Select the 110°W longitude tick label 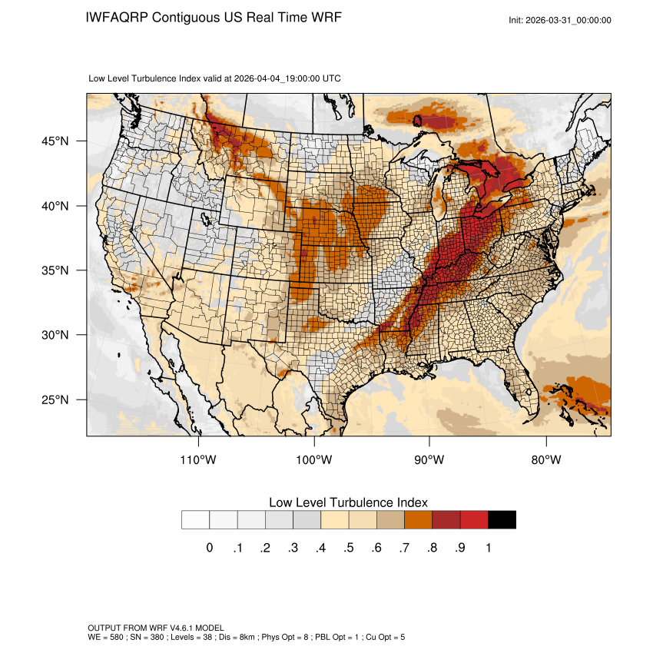coord(199,460)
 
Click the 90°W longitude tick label coord(429,460)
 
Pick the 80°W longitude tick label coord(546,460)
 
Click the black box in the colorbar coord(502,520)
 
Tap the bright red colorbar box coord(474,520)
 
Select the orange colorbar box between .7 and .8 coord(419,520)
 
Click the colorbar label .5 coord(348,548)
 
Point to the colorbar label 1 coord(488,548)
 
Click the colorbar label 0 coord(209,548)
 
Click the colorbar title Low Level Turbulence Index coord(348,502)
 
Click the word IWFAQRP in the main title coord(118,18)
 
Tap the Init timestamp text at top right coord(560,20)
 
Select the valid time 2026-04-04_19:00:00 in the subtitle coord(287,78)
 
